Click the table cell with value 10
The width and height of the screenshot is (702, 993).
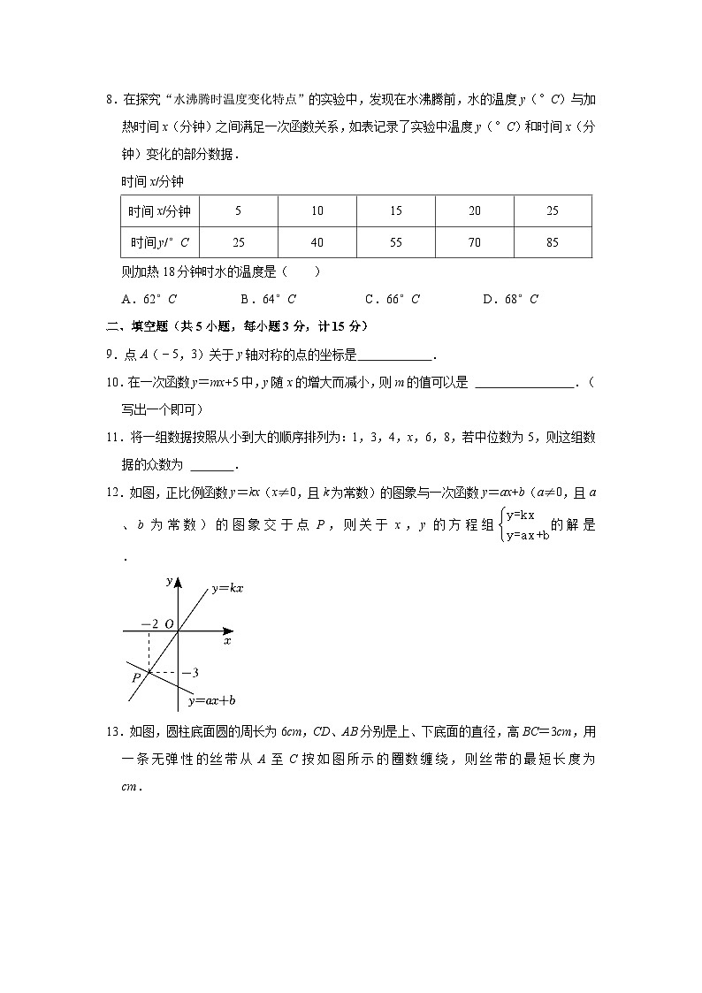click(317, 211)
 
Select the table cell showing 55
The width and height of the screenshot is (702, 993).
click(396, 242)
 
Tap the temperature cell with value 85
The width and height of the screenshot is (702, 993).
click(553, 242)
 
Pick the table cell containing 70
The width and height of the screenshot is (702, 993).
click(475, 242)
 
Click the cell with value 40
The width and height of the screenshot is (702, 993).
click(317, 242)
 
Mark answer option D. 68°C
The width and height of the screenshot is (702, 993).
click(510, 299)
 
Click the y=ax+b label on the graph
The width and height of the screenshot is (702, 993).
click(212, 700)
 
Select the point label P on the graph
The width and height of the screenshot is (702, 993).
click(136, 676)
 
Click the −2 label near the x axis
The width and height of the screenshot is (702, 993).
click(149, 623)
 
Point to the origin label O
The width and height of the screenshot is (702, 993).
click(169, 623)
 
